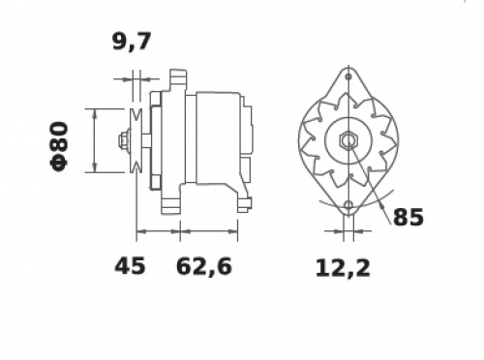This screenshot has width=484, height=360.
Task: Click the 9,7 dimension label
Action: coord(132,42)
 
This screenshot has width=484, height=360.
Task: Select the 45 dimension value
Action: coord(130,266)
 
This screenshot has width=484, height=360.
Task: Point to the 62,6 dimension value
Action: coord(204,266)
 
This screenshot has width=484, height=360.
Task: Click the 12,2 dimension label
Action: coord(343,268)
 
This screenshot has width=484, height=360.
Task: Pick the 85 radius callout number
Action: coord(408,217)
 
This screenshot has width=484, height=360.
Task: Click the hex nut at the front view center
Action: coord(348,140)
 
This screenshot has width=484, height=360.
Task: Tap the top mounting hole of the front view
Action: coord(348,76)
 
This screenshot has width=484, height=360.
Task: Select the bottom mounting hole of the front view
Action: coord(348,205)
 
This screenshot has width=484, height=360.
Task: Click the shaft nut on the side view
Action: coord(124,141)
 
